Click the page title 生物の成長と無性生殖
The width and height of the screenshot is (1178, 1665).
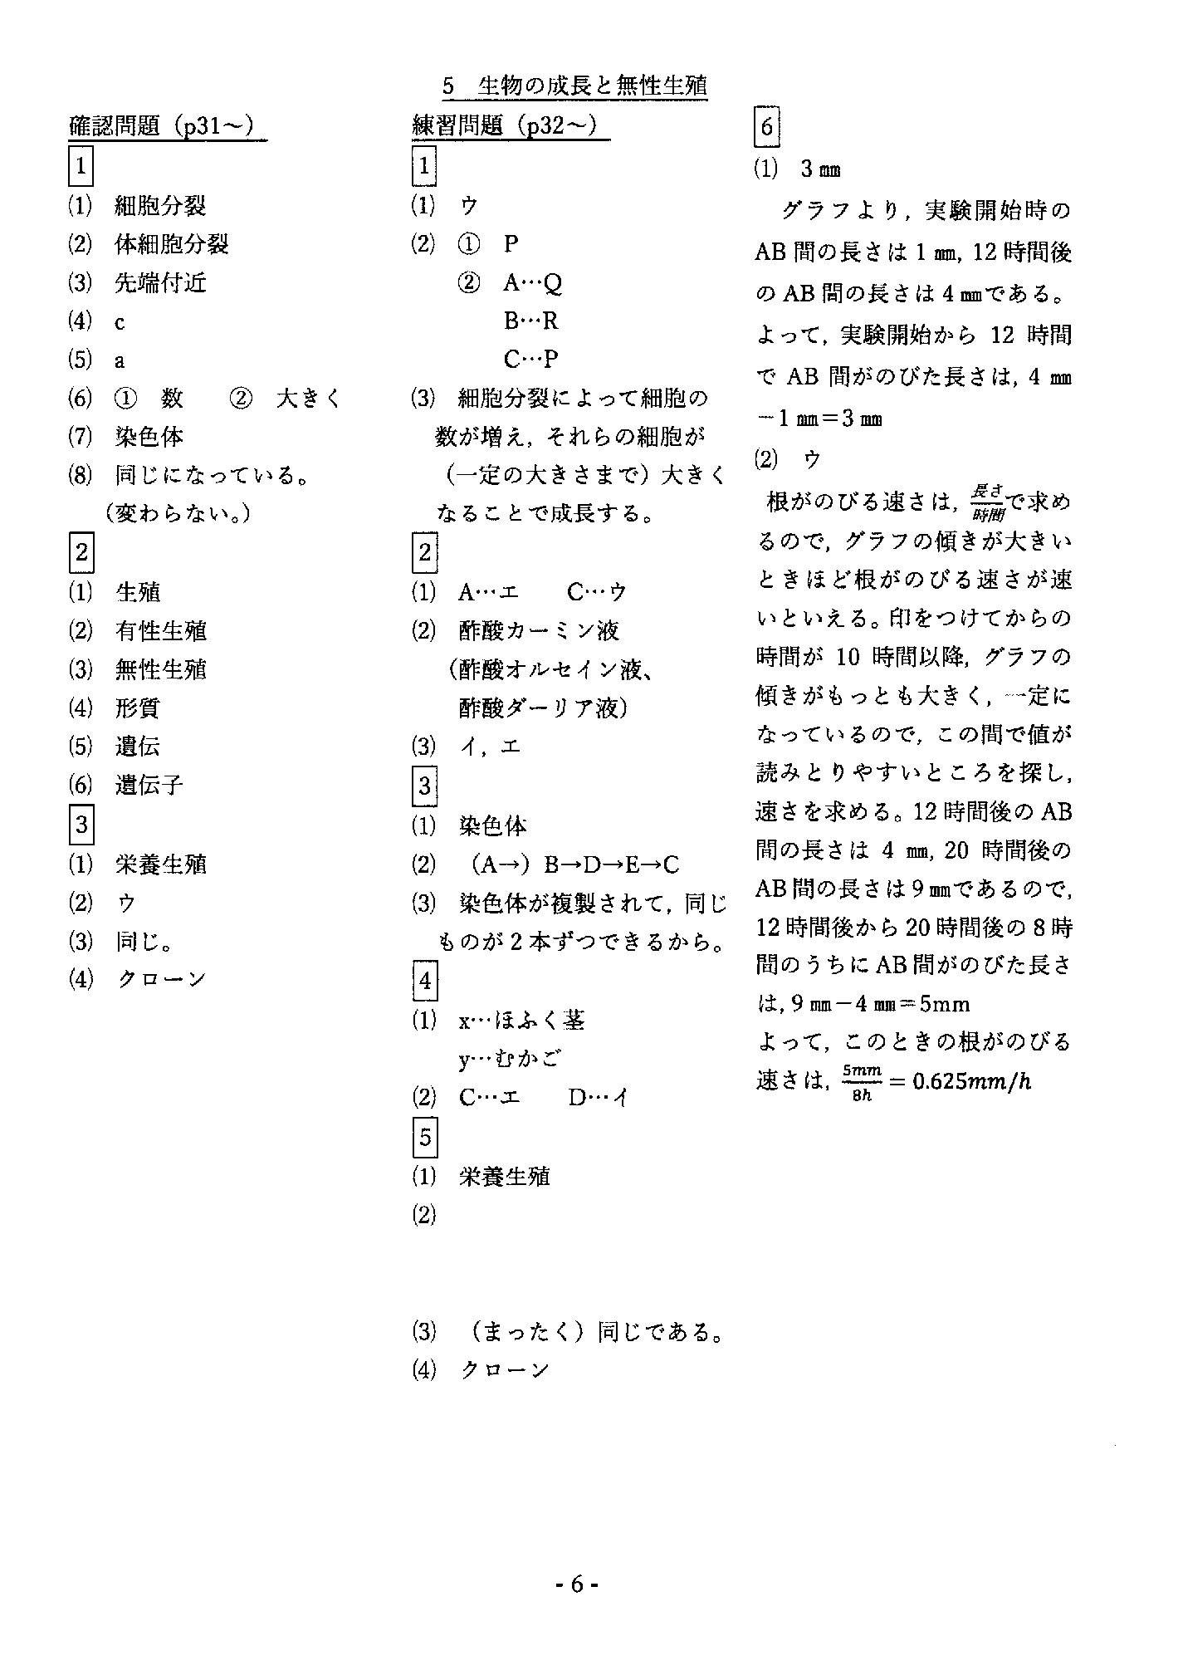592,86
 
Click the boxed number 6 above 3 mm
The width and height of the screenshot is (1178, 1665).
766,127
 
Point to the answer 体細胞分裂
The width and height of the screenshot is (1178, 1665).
171,244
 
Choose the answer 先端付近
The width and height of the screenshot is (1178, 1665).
160,283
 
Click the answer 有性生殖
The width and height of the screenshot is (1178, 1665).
160,631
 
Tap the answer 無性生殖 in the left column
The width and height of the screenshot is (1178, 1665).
160,669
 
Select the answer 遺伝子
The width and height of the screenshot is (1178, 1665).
149,785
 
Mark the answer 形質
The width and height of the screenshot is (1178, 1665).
137,708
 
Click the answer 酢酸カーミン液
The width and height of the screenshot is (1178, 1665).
539,631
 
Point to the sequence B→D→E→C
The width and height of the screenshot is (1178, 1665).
611,865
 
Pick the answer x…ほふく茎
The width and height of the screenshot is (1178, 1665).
521,1020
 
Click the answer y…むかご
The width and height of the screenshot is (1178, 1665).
509,1059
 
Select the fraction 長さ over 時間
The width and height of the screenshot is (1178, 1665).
987,502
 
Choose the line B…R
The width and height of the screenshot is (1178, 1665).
530,321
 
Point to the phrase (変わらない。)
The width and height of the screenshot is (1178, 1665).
179,513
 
